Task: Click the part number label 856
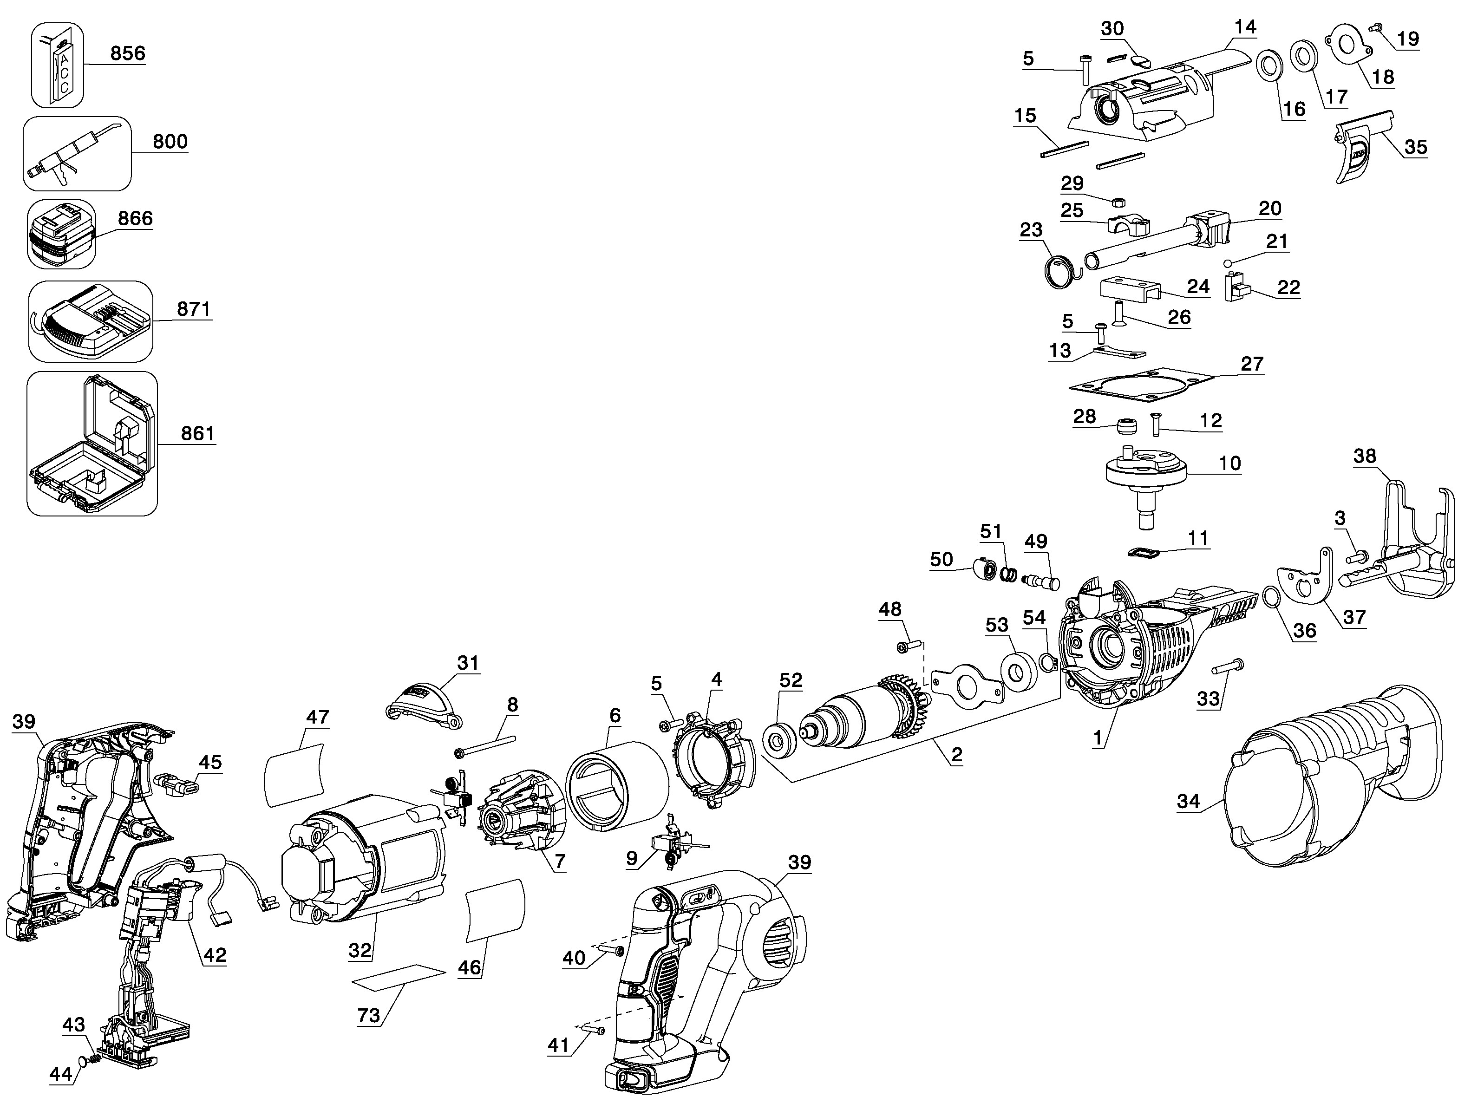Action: point(128,53)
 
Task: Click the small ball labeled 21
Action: point(1228,263)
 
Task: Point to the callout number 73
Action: point(369,1014)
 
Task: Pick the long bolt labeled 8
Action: point(485,744)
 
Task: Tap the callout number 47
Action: point(318,717)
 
